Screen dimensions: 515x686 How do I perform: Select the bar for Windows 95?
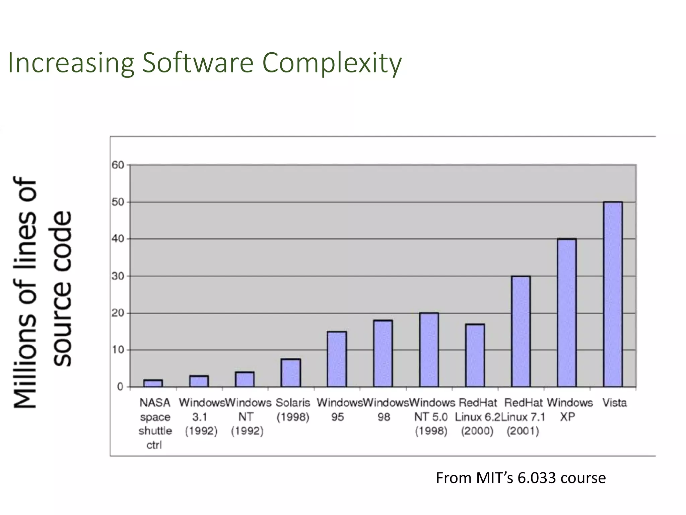[x=337, y=359]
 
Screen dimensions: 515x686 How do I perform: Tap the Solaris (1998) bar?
[x=291, y=373]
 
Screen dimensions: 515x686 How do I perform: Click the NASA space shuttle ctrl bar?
[x=153, y=383]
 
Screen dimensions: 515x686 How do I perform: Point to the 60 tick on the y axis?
[x=118, y=165]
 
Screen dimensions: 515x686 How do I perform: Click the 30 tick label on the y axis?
[x=118, y=276]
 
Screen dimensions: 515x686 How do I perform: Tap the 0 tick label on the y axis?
[x=120, y=387]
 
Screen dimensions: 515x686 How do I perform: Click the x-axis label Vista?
[x=614, y=402]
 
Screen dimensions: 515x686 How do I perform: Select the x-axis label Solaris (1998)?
[x=293, y=410]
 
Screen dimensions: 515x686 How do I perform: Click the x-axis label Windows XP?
[x=569, y=409]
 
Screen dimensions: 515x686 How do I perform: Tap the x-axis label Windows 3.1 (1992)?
[x=201, y=416]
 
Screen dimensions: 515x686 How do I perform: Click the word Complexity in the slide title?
[x=332, y=63]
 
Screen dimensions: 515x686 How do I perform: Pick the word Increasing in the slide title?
[x=71, y=63]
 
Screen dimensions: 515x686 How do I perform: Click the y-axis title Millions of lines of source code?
[x=42, y=292]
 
